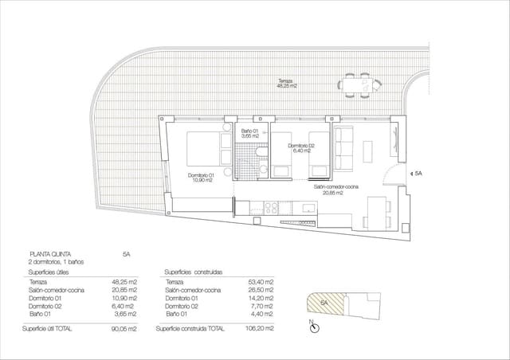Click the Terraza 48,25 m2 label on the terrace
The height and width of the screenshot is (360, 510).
pos(286,83)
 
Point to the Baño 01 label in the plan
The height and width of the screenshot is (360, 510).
pos(251,132)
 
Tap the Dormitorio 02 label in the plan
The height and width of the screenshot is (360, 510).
pos(302,148)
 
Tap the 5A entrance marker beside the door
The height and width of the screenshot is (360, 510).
pos(418,173)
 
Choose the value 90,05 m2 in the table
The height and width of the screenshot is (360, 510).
pos(124,328)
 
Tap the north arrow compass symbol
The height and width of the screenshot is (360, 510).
pos(315,326)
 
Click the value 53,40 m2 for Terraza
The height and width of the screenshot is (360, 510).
pos(261,282)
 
